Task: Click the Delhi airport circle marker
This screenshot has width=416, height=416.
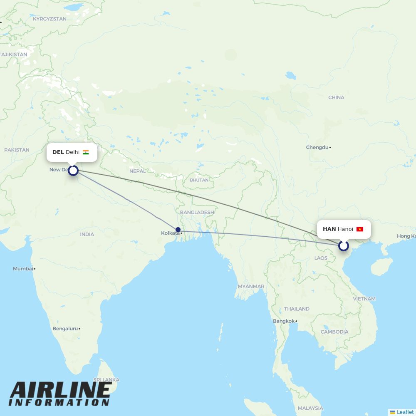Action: coord(73,170)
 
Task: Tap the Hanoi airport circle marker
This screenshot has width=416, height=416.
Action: coord(343,246)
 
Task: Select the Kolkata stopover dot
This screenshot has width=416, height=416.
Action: coord(178,230)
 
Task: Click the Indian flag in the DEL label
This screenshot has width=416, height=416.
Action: coord(86,152)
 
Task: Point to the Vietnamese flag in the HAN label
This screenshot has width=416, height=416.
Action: coord(360,229)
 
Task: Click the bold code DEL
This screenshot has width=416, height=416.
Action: coord(58,152)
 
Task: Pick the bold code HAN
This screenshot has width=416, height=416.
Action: coord(329,229)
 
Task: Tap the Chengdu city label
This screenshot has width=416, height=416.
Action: coord(317,147)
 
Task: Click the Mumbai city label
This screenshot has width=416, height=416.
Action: coord(23,269)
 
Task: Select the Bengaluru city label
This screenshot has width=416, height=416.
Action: coord(65,329)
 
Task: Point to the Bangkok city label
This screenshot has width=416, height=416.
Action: coord(284,321)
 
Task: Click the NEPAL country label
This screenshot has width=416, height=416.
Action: coord(137,171)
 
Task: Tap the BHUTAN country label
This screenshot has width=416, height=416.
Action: coord(199,180)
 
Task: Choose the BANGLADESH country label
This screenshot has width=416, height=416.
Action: coord(197,212)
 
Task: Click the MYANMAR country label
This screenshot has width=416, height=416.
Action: coord(251,286)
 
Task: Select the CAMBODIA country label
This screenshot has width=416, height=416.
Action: coord(334,332)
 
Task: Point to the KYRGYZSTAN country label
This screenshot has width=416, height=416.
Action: coord(50,19)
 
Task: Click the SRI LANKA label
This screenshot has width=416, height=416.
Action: coord(106,380)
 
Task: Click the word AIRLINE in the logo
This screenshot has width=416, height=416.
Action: coord(60,390)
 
